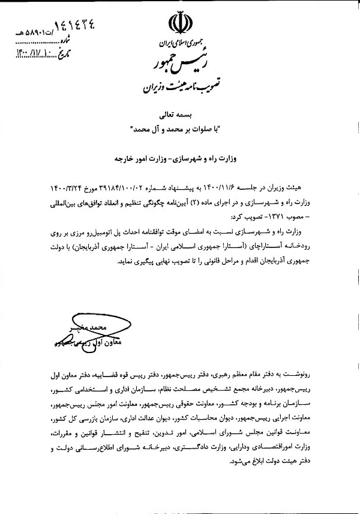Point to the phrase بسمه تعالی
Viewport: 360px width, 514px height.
pyautogui.click(x=180, y=113)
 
